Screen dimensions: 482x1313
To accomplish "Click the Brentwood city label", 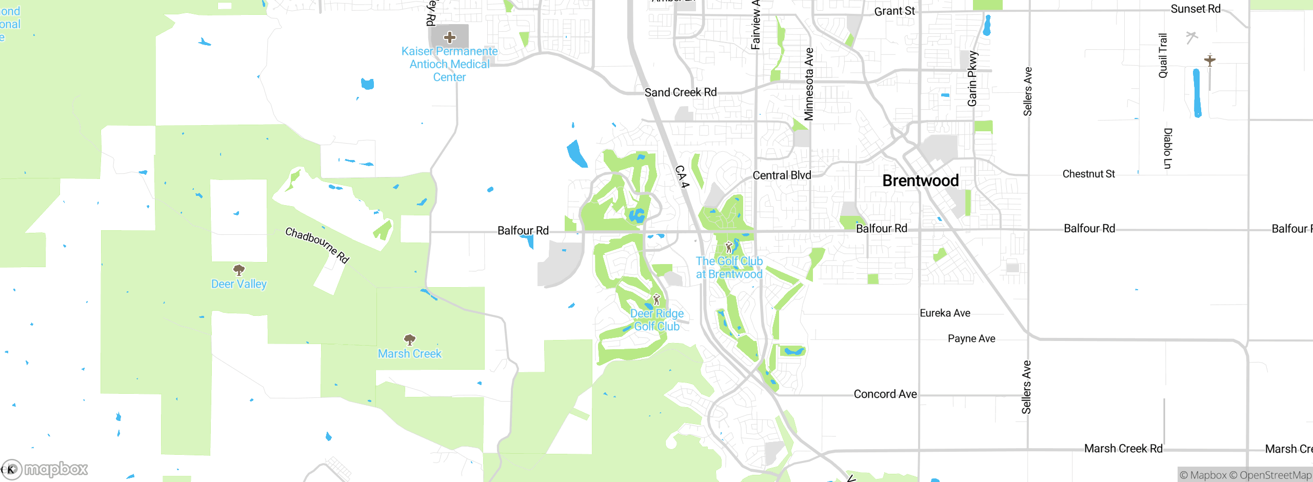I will tap(921, 180).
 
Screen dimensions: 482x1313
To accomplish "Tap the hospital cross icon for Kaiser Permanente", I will tap(450, 37).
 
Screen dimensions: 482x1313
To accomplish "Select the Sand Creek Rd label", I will tap(681, 92).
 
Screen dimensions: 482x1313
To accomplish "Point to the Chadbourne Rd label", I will tap(317, 245).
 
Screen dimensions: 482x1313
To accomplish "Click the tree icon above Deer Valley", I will tap(238, 270).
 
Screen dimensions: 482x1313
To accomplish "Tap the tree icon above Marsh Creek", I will tap(409, 339).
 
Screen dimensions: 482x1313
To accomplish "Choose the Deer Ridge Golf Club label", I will tap(657, 320).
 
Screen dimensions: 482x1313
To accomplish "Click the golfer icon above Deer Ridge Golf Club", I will tap(656, 299).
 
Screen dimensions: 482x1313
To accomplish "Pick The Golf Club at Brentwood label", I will tap(729, 268).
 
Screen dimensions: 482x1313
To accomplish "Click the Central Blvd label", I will tap(782, 175).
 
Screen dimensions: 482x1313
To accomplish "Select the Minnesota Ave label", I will tap(809, 84).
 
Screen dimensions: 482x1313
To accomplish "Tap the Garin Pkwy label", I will tap(972, 78).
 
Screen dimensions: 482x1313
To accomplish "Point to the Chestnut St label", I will tap(1088, 174).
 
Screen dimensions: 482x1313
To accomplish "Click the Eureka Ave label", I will tap(945, 313).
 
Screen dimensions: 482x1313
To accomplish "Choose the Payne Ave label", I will tap(971, 339).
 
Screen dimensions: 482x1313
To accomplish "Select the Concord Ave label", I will tap(885, 394).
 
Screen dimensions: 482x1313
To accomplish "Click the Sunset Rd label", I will tap(1196, 9).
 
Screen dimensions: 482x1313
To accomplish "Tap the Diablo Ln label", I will tap(1168, 149).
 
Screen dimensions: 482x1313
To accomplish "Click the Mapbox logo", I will tap(45, 469).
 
